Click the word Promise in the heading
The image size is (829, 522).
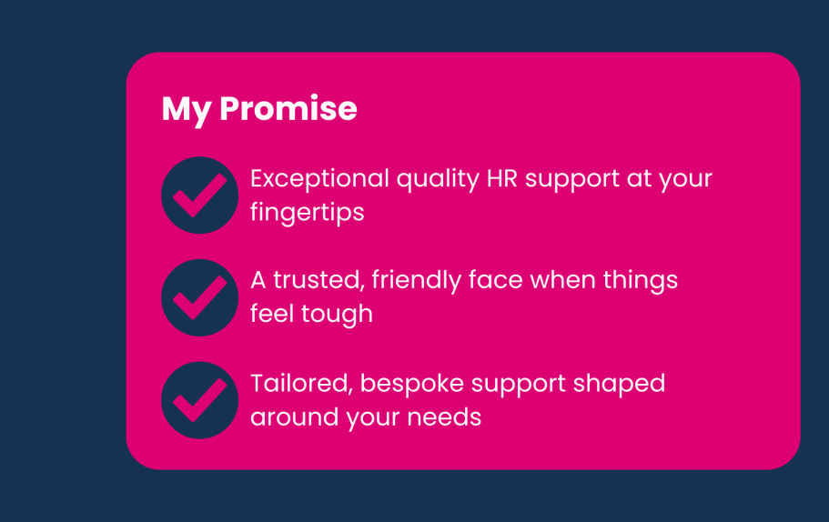[288, 108]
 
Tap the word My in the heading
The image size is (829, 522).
[187, 111]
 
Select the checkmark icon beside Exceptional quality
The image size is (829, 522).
[200, 195]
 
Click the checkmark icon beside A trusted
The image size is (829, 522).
[200, 297]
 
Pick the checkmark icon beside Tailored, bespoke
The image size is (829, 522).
[200, 400]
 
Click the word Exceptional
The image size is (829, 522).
[320, 179]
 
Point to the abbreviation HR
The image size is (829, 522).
[501, 178]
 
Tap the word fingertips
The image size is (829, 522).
[308, 214]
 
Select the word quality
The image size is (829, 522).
[438, 179]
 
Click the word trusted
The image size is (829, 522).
[318, 280]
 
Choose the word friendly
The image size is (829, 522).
[417, 280]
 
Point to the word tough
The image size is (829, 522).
[338, 315]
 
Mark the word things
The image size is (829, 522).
[641, 280]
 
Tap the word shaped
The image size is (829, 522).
[619, 384]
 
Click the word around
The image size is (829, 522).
[295, 417]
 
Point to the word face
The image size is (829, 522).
[496, 279]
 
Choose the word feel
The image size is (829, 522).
[272, 314]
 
